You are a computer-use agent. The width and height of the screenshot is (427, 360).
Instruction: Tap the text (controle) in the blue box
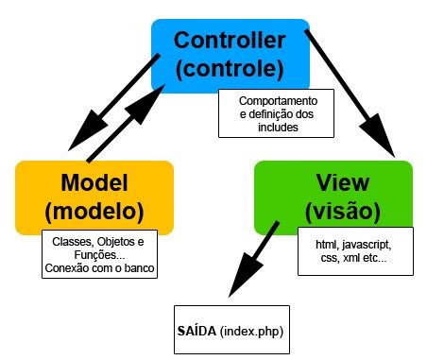231,69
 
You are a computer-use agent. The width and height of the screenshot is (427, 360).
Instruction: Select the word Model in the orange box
94,181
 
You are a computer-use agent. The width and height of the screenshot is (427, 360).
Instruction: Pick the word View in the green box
333,181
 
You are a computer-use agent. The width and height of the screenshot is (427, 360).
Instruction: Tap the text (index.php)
251,331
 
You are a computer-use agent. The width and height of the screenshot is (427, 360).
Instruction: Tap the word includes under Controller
278,128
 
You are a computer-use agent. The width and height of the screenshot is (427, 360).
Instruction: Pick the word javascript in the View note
369,243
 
